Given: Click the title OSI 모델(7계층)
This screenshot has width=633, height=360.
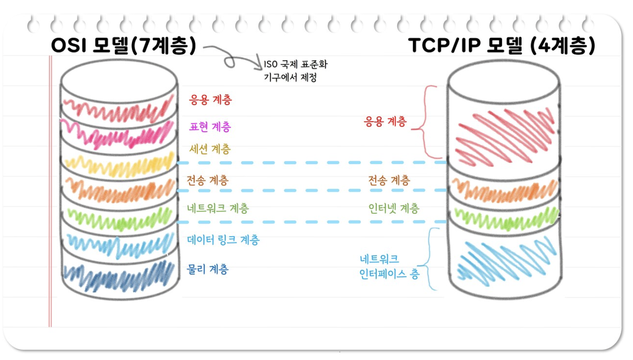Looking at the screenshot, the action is pyautogui.click(x=123, y=46).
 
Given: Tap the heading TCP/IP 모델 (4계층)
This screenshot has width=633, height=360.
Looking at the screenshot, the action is pyautogui.click(x=501, y=46).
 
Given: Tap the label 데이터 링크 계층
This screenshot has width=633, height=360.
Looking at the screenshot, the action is pyautogui.click(x=223, y=240).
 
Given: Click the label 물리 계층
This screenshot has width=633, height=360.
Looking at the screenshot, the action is pyautogui.click(x=208, y=269).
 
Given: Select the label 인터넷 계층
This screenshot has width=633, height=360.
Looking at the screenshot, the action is pyautogui.click(x=394, y=208).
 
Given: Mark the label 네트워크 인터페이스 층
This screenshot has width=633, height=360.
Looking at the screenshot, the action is pyautogui.click(x=389, y=266).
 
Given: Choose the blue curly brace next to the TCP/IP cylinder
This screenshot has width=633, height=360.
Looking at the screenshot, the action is pyautogui.click(x=428, y=258).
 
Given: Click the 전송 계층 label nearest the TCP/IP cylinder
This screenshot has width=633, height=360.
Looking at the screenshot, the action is pyautogui.click(x=389, y=180).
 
